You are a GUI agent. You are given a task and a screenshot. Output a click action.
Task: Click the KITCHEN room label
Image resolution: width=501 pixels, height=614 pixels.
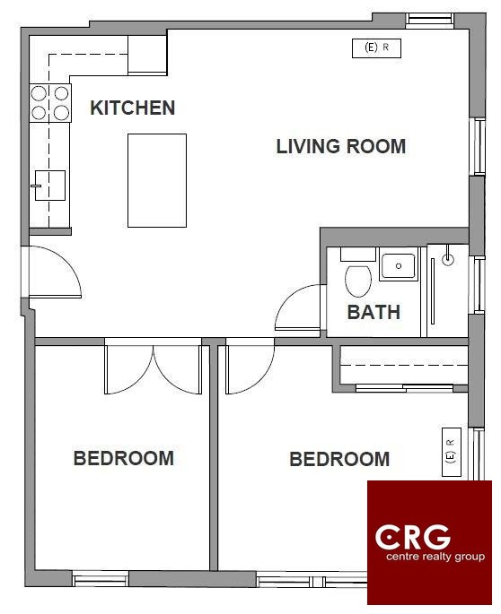pyautogui.click(x=133, y=108)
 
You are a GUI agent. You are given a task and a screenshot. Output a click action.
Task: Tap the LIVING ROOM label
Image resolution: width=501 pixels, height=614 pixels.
pyautogui.click(x=341, y=146)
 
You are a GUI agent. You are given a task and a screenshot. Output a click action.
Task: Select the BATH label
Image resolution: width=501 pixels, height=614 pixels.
pyautogui.click(x=374, y=312)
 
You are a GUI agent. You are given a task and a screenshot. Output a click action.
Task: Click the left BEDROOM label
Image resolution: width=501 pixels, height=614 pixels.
pyautogui.click(x=124, y=458)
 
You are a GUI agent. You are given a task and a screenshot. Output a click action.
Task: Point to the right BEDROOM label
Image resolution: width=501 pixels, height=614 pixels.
pyautogui.click(x=339, y=459)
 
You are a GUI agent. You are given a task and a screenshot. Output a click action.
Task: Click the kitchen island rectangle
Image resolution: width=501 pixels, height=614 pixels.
pyautogui.click(x=157, y=180)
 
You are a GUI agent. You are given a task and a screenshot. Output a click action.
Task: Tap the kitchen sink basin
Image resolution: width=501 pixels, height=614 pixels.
pyautogui.click(x=49, y=186)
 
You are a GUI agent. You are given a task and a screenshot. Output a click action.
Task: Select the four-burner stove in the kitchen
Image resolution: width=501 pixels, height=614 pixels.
pyautogui.click(x=50, y=103)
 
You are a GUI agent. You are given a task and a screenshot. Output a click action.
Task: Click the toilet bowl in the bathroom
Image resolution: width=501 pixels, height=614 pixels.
pyautogui.click(x=358, y=281)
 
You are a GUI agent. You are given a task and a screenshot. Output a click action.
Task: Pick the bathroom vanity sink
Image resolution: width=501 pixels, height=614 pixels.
pyautogui.click(x=399, y=266)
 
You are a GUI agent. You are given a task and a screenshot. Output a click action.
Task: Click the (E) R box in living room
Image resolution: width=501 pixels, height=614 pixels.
pyautogui.click(x=376, y=48)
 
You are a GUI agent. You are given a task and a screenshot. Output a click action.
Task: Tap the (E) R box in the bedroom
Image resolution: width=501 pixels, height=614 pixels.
pyautogui.click(x=452, y=453)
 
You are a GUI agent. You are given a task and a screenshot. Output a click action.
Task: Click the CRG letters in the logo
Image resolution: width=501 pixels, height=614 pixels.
pyautogui.click(x=413, y=537)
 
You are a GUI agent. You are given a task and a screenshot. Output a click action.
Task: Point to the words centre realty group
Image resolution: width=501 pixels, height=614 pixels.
pyautogui.click(x=435, y=557)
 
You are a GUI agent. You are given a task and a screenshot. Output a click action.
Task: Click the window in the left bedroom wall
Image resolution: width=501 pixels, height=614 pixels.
pyautogui.click(x=101, y=578)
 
